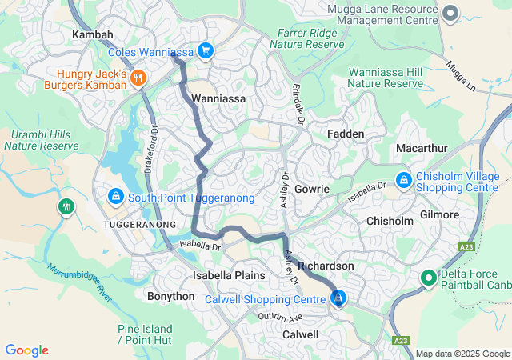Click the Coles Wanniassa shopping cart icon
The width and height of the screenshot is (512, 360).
[206, 51]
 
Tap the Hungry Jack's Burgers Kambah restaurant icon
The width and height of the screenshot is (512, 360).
[139, 78]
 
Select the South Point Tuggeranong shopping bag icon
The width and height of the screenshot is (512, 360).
[116, 196]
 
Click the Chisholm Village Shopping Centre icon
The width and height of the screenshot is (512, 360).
[403, 180]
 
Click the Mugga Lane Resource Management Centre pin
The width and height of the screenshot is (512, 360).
[450, 12]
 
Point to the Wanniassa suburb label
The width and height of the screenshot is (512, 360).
[218, 98]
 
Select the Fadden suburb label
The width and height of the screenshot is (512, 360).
[346, 134]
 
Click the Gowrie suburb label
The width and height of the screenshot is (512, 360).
[312, 189]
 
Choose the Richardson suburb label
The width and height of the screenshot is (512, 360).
[326, 265]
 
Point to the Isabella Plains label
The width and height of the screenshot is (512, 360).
[229, 275]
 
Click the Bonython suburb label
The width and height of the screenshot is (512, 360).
[170, 296]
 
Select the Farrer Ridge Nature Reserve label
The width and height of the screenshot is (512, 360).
[310, 39]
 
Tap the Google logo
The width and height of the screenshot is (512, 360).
[26, 350]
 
